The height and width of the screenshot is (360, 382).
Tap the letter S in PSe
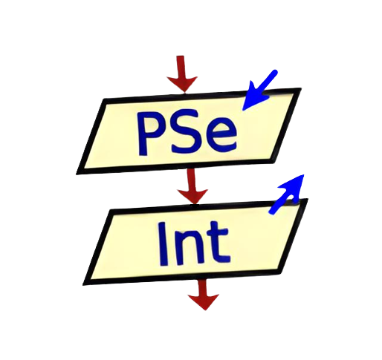coord(184,131)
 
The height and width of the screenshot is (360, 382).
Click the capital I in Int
coord(163,244)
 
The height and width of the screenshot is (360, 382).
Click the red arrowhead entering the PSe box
coord(182,84)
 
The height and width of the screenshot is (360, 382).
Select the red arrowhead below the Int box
coord(204,302)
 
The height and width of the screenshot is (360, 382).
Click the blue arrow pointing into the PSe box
coord(260,90)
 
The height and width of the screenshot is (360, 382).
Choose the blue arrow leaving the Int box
coord(288,194)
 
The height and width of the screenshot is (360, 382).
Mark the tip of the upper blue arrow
coord(243,110)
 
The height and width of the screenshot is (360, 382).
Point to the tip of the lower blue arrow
coord(304,175)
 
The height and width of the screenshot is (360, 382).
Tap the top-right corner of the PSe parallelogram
coord(301,88)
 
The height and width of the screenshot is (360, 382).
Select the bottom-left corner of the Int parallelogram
coord(83,285)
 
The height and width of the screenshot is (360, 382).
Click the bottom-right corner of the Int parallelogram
coord(280,273)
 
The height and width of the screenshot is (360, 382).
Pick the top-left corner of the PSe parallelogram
coord(105,99)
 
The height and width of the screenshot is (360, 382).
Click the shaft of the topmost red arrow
coord(181,66)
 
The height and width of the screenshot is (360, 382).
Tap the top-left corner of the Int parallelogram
coord(111,210)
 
